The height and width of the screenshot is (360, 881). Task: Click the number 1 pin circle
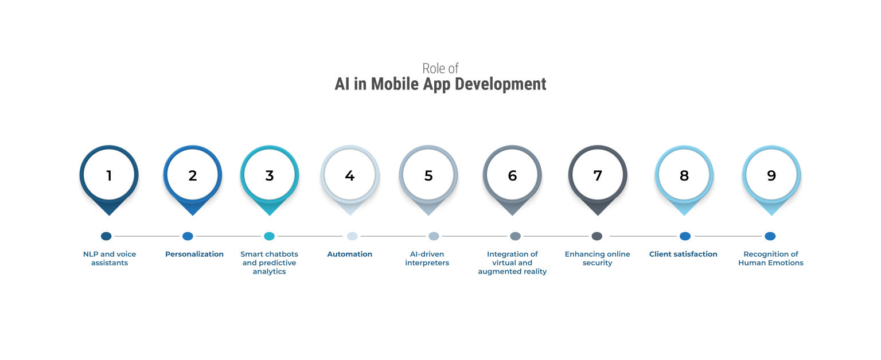click(x=109, y=175)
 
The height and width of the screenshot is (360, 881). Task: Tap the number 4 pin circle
click(x=349, y=175)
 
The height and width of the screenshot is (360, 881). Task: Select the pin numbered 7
click(x=597, y=175)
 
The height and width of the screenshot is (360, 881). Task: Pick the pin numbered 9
click(x=771, y=175)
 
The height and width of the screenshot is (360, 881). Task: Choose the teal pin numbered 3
click(x=270, y=175)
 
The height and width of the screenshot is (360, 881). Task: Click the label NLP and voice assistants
click(x=109, y=259)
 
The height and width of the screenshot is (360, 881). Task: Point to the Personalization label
click(x=194, y=254)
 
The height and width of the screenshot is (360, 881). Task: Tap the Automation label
click(x=349, y=254)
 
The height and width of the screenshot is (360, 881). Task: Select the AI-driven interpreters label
click(x=427, y=259)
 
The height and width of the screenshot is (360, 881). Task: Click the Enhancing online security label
click(x=597, y=259)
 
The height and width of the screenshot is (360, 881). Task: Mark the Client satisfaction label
click(x=683, y=254)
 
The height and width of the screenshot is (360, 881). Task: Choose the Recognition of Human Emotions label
click(x=771, y=259)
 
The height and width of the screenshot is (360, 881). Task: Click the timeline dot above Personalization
click(x=188, y=236)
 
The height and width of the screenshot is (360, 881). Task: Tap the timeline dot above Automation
click(x=352, y=236)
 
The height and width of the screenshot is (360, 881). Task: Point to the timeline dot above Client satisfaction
click(x=685, y=236)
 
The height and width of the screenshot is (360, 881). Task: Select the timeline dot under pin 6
click(x=515, y=236)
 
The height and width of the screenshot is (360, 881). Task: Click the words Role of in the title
click(x=440, y=68)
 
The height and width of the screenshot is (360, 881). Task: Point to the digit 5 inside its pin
click(x=428, y=175)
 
